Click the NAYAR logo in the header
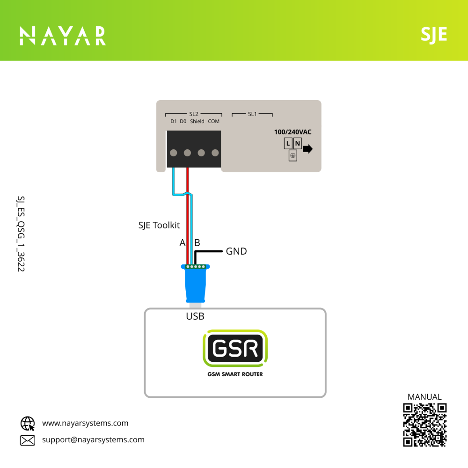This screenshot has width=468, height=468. pyautogui.click(x=63, y=36)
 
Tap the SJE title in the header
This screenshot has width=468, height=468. pyautogui.click(x=434, y=35)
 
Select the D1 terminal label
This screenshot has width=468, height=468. pyautogui.click(x=174, y=121)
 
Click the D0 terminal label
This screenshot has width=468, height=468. pyautogui.click(x=183, y=121)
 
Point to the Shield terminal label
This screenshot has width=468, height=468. pyautogui.click(x=197, y=121)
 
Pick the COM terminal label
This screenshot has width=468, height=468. pyautogui.click(x=214, y=121)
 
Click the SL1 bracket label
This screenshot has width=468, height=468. pyautogui.click(x=252, y=114)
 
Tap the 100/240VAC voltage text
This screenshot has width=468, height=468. pyautogui.click(x=293, y=132)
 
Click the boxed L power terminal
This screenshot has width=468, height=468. pyautogui.click(x=288, y=144)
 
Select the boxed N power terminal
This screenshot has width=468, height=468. pyautogui.click(x=297, y=144)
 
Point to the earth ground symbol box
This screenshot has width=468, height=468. pyautogui.click(x=293, y=155)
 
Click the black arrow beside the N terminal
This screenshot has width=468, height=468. pyautogui.click(x=308, y=149)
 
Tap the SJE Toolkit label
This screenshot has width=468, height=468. pyautogui.click(x=159, y=226)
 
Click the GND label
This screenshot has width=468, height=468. pyautogui.click(x=236, y=251)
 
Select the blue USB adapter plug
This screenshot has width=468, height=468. pyautogui.click(x=196, y=284)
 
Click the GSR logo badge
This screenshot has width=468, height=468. pyautogui.click(x=235, y=348)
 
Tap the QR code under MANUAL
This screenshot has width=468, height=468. pyautogui.click(x=425, y=425)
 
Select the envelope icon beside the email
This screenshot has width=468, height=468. pyautogui.click(x=28, y=440)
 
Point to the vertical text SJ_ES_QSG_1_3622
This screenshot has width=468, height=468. pyautogui.click(x=21, y=234)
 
